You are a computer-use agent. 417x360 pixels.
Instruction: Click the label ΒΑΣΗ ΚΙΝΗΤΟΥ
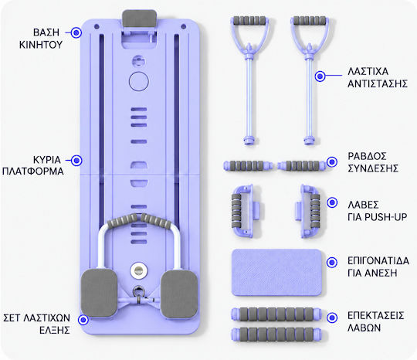coord(41,39)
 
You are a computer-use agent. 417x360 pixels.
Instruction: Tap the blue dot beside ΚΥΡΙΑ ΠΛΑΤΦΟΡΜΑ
coord(77,161)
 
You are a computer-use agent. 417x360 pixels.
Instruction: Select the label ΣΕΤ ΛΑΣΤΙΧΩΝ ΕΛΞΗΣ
coord(37,324)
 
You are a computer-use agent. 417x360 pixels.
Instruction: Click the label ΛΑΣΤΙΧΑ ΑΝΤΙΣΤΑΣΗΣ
coord(378,77)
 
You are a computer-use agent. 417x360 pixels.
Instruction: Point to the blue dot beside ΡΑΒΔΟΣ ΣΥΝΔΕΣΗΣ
coord(332,161)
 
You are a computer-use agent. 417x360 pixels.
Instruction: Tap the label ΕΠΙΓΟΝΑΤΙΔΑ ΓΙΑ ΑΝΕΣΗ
coord(378,267)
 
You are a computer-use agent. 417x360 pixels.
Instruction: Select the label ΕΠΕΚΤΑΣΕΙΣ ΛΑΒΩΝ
coord(375,321)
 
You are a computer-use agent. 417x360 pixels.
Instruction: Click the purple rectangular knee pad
coord(276,273)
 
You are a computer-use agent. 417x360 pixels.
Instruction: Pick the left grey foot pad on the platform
coord(99,293)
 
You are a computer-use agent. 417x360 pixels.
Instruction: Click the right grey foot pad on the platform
coord(179,294)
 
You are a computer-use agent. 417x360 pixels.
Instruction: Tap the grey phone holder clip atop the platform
coord(139,19)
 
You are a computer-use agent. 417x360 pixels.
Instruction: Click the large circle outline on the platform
coord(139,81)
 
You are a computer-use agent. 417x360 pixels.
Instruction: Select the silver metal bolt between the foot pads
coord(138,270)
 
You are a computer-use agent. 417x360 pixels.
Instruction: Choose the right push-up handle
coord(308,211)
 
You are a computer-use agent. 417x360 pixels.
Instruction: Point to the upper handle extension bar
coord(276,314)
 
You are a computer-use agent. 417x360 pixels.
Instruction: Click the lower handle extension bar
coord(276,335)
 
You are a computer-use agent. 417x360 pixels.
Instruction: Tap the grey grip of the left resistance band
coord(249,21)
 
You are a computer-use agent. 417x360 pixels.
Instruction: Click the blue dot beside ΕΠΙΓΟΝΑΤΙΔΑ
coord(331,263)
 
